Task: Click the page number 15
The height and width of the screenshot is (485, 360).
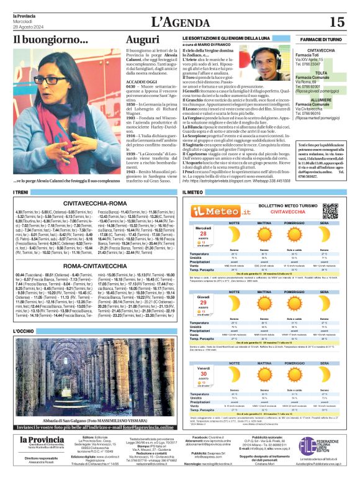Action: (336, 22)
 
